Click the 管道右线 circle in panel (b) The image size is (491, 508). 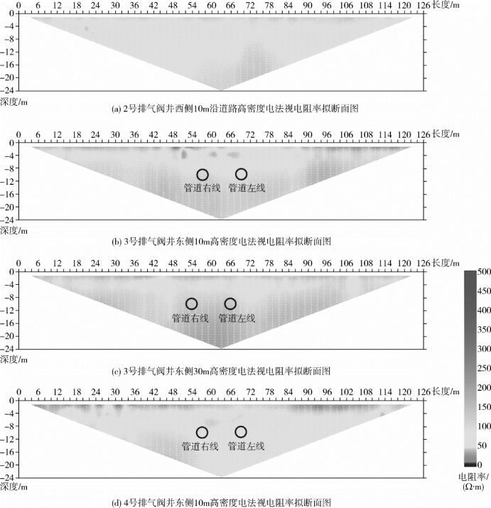pyautogui.click(x=203, y=175)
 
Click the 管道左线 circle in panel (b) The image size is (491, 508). pyautogui.click(x=242, y=174)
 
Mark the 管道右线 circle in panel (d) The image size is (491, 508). pyautogui.click(x=202, y=433)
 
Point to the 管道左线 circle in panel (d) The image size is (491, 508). pyautogui.click(x=242, y=432)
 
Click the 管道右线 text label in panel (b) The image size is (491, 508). pyautogui.click(x=202, y=188)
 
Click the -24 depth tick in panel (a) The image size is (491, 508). pyautogui.click(x=10, y=90)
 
